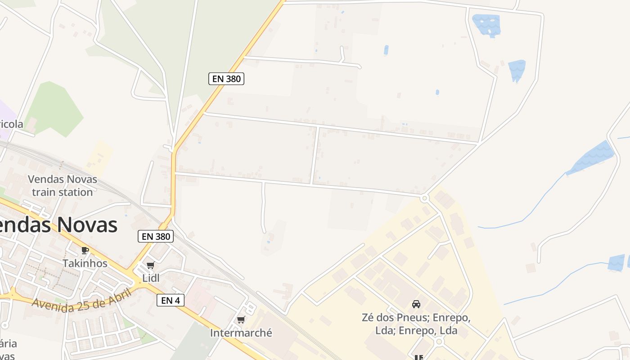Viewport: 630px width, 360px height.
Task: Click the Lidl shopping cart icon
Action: pyautogui.click(x=150, y=265)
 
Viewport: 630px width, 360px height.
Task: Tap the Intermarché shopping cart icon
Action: pyautogui.click(x=241, y=320)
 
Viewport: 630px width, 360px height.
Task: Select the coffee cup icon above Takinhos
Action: pyautogui.click(x=85, y=251)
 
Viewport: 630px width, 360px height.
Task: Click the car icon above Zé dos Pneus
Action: pyautogui.click(x=416, y=304)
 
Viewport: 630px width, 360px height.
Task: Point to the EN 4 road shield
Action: pyautogui.click(x=171, y=300)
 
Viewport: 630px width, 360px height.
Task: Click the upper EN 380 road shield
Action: pyautogui.click(x=226, y=79)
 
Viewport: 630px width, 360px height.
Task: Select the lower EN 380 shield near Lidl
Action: pyautogui.click(x=155, y=236)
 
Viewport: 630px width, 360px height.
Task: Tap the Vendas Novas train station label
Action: pyautogui.click(x=63, y=185)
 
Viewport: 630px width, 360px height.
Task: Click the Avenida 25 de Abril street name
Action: pyautogui.click(x=81, y=300)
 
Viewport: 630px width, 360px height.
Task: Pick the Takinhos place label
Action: pyautogui.click(x=85, y=263)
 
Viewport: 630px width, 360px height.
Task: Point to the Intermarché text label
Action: pyautogui.click(x=241, y=333)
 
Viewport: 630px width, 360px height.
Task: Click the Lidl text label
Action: pyautogui.click(x=151, y=278)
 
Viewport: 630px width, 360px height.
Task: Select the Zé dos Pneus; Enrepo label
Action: pyautogui.click(x=416, y=324)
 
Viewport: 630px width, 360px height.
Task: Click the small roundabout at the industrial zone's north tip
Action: pyautogui.click(x=424, y=198)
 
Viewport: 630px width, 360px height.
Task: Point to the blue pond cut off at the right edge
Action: pyautogui.click(x=617, y=262)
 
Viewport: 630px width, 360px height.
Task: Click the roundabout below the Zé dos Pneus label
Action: pyautogui.click(x=439, y=342)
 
